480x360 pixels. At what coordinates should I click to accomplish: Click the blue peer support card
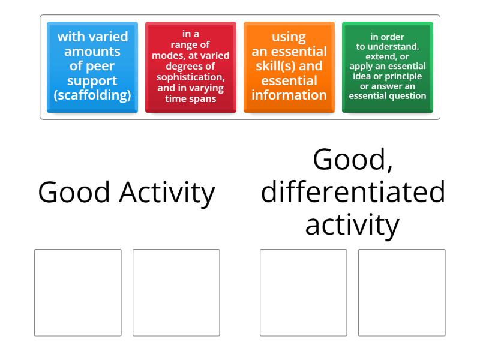pyautogui.click(x=92, y=67)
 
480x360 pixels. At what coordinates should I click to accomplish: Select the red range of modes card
pyautogui.click(x=190, y=67)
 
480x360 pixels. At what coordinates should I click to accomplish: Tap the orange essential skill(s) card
pyautogui.click(x=289, y=67)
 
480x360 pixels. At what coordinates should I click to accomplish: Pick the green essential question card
pyautogui.click(x=387, y=67)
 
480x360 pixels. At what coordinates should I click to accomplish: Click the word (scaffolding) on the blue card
pyautogui.click(x=92, y=95)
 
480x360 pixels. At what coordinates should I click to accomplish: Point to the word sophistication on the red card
pyautogui.click(x=190, y=77)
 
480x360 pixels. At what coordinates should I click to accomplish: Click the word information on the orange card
pyautogui.click(x=289, y=95)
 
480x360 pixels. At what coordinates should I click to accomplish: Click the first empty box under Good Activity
pyautogui.click(x=78, y=292)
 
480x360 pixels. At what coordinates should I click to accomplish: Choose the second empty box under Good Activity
pyautogui.click(x=176, y=292)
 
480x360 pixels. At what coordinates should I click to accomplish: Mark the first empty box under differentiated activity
pyautogui.click(x=303, y=292)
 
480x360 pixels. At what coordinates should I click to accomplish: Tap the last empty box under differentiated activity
pyautogui.click(x=401, y=292)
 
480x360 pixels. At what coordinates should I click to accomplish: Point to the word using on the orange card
pyautogui.click(x=289, y=37)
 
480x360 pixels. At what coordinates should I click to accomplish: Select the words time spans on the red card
pyautogui.click(x=190, y=99)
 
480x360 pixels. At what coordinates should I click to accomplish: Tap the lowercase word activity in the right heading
pyautogui.click(x=353, y=225)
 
